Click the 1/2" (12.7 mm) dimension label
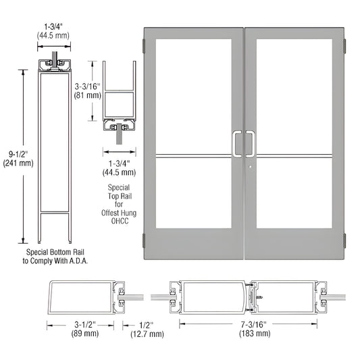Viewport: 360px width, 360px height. click(x=147, y=329)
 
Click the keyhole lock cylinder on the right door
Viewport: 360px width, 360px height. click(x=250, y=168)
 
